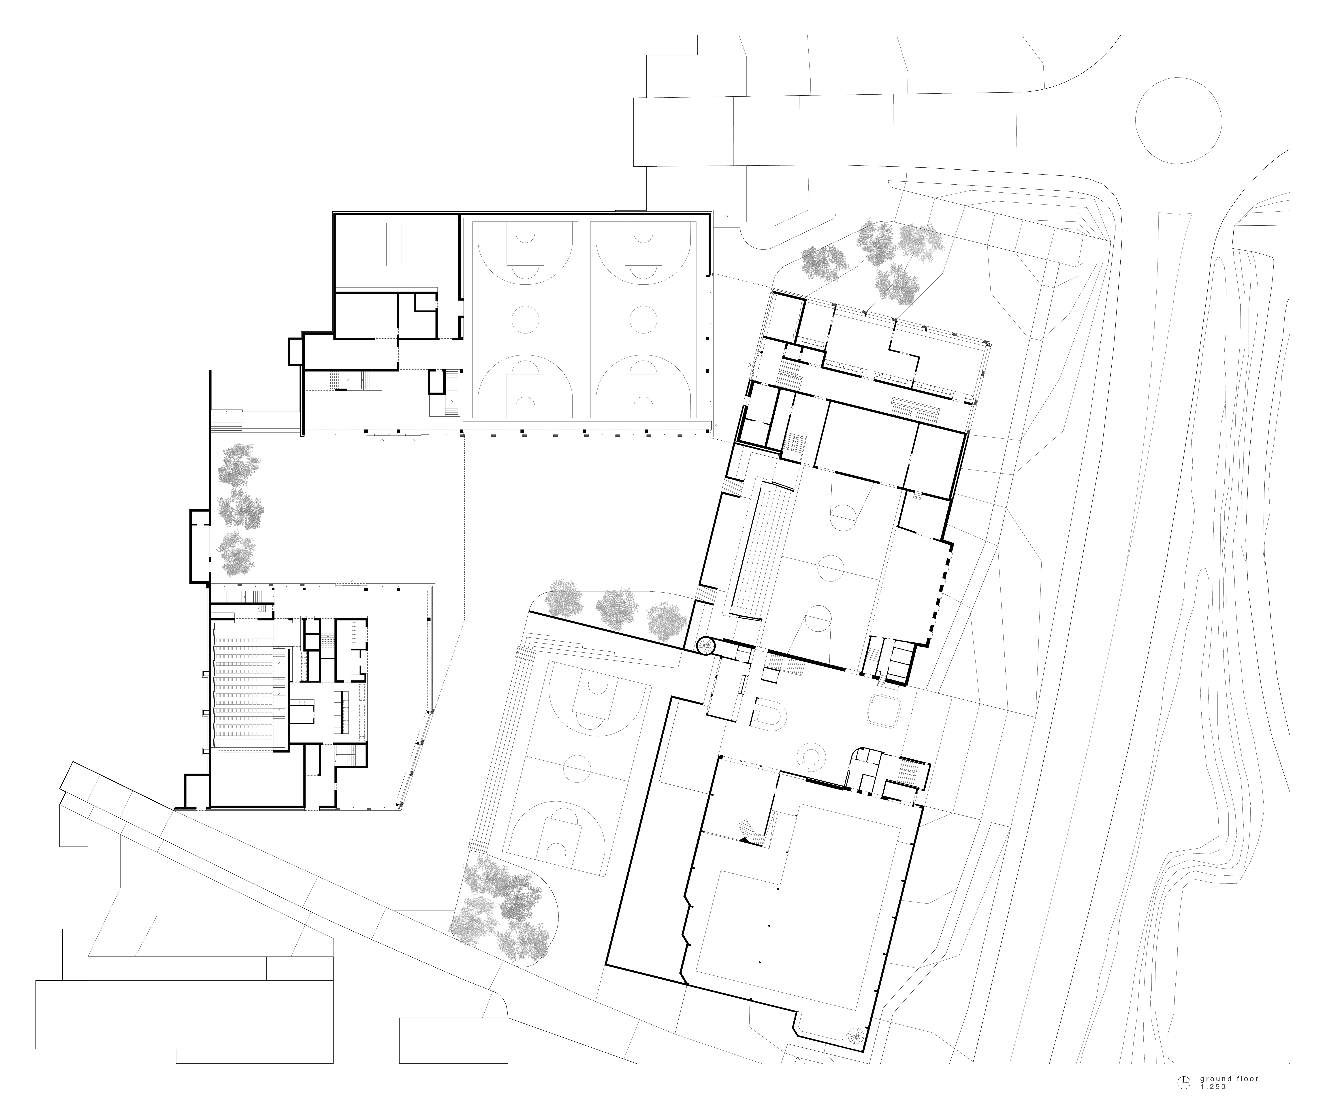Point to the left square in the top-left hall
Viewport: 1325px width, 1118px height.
coord(364,244)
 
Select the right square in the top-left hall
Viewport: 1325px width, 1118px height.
coord(423,244)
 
